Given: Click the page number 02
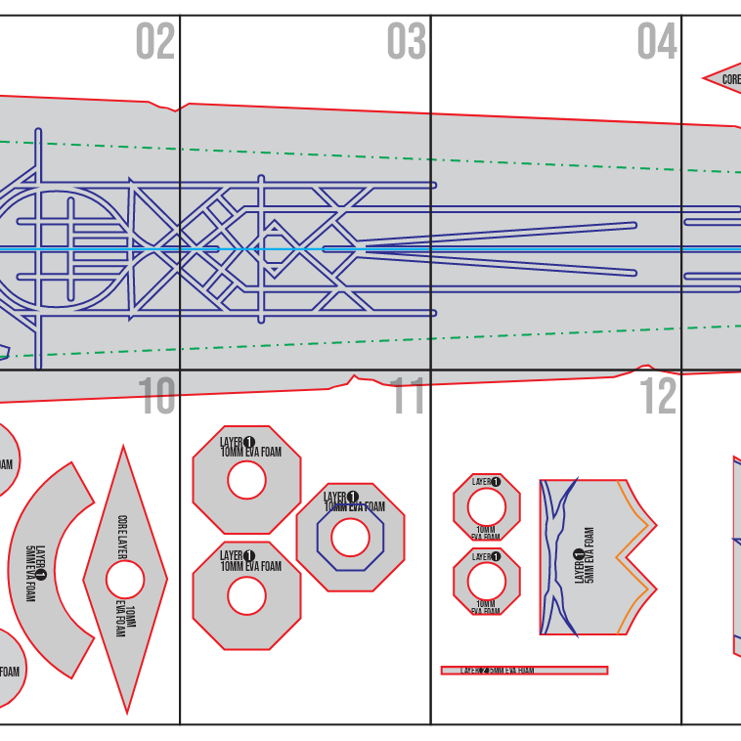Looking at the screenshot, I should (154, 42).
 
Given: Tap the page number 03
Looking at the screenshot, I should (406, 42).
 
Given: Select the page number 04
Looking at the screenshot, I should (657, 42).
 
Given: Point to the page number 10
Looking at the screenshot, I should (155, 397).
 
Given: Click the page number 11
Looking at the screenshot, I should (409, 397).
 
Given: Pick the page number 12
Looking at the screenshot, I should (658, 397).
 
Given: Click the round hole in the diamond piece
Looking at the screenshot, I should (125, 580).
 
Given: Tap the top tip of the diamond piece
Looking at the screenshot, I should (123, 449).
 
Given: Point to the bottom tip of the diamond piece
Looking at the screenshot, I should (126, 711).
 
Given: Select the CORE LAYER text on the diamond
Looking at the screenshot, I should (122, 539).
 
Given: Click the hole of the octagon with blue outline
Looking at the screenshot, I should (350, 537).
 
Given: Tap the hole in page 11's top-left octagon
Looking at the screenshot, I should (246, 480).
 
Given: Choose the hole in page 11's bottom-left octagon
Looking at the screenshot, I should (246, 595).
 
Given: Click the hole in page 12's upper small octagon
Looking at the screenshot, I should (486, 507).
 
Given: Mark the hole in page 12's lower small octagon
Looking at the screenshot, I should (486, 581).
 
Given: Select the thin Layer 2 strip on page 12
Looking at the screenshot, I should (524, 671).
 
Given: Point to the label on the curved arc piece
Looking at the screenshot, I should (35, 572).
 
